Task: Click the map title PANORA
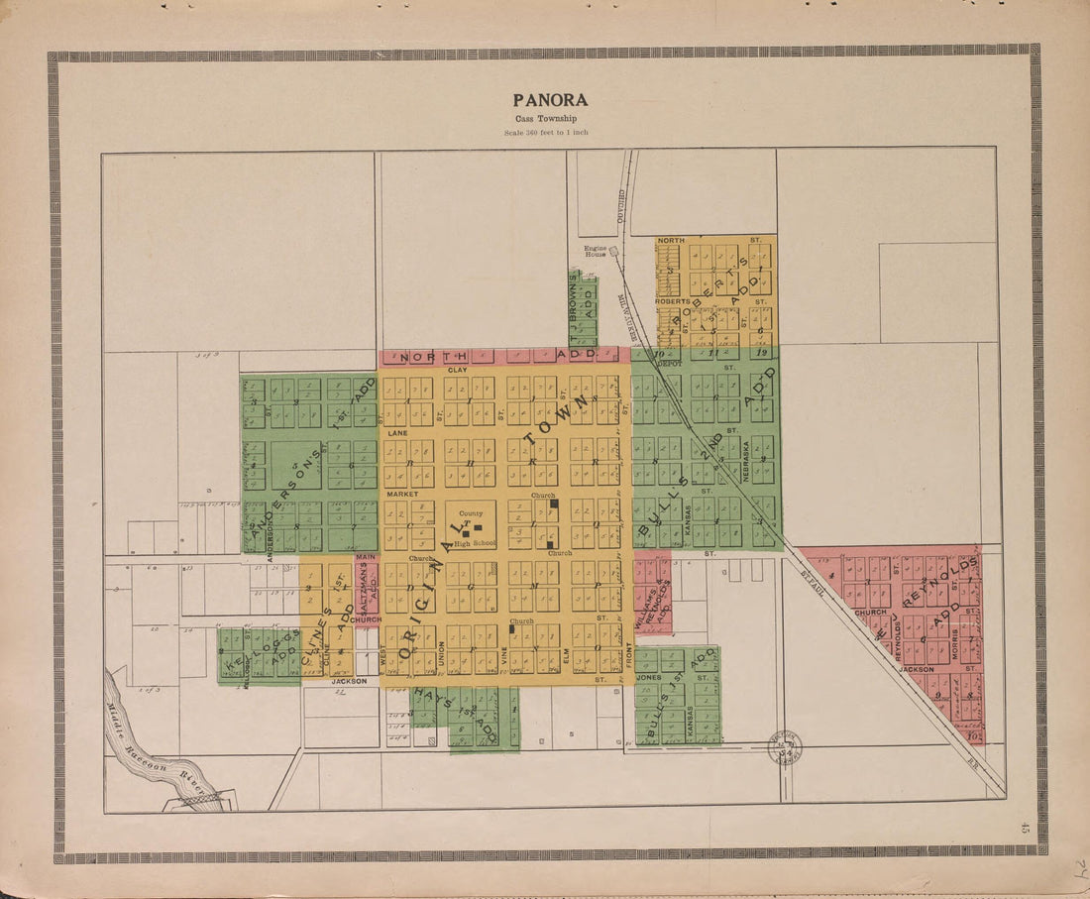click(550, 100)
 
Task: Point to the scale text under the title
click(545, 132)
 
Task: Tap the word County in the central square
click(471, 513)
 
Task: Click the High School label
click(476, 543)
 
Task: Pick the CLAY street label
click(457, 370)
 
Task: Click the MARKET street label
click(402, 494)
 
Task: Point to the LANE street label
click(397, 433)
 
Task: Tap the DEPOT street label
click(671, 364)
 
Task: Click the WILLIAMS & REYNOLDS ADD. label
click(651, 595)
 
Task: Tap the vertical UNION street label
click(441, 654)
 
